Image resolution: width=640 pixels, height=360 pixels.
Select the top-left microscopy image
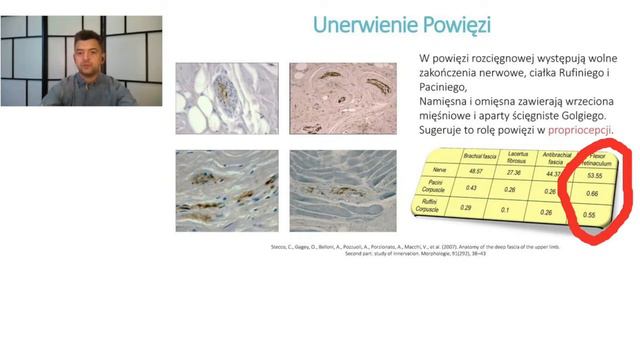(227, 99)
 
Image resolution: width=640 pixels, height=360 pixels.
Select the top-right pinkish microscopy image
(340, 99)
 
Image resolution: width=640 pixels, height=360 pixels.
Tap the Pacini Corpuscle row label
(430, 191)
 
